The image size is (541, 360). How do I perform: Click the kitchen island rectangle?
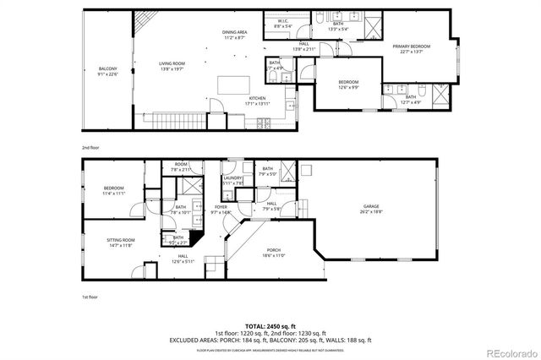230,85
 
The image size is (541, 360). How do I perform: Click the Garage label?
370,208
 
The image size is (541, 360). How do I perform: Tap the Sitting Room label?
121,243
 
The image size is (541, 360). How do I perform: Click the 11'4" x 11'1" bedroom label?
114,190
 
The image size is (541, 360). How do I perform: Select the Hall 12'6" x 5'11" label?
183,259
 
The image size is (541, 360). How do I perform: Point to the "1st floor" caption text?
90,297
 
